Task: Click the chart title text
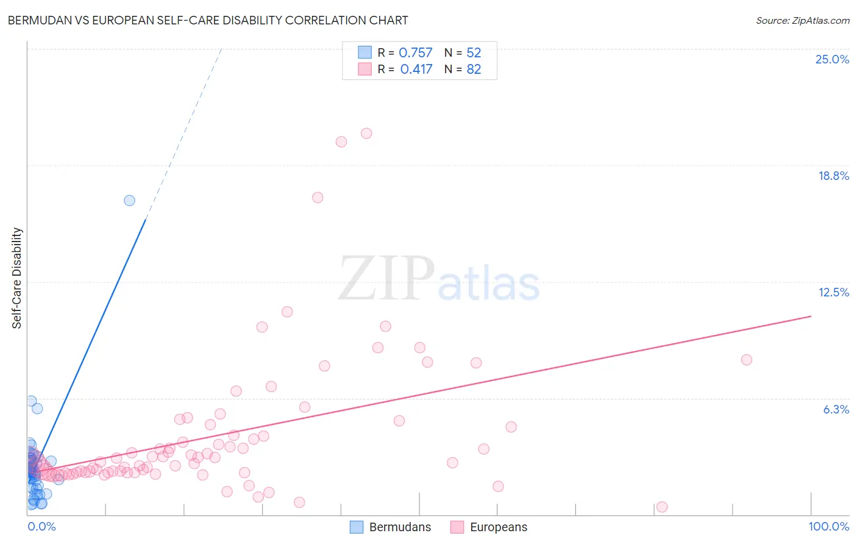pos(208,20)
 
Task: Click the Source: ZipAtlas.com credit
pos(802,20)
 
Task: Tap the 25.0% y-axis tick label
pos(832,59)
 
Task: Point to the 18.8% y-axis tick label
pos(833,176)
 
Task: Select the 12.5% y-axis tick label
pos(833,292)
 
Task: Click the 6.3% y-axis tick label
pos(836,409)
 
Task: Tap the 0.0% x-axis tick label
pos(41,526)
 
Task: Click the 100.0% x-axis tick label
pos(828,526)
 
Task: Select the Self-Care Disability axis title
pos(17,278)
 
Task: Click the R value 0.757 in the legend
pos(415,53)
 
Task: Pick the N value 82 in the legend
pos(474,70)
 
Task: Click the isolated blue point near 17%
pos(129,201)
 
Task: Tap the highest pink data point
pos(366,134)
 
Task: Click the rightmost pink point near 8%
pos(747,360)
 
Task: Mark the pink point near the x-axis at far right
pos(662,507)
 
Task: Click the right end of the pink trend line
pos(811,316)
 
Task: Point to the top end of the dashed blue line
pos(221,49)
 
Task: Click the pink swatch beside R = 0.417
pos(364,69)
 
